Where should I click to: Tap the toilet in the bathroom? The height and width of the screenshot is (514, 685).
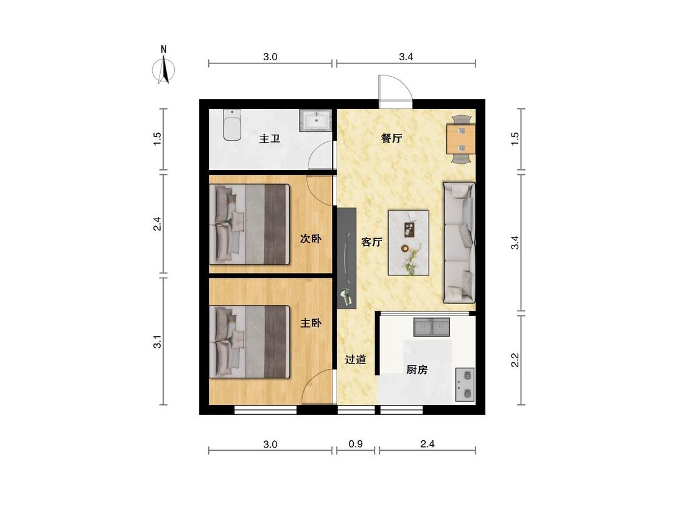click(x=232, y=125)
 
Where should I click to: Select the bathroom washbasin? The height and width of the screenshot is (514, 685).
click(x=316, y=121)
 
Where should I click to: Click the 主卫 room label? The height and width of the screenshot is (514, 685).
click(x=270, y=139)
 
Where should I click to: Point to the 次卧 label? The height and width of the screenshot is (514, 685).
click(x=311, y=239)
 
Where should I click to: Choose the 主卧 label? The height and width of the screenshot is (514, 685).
click(x=311, y=323)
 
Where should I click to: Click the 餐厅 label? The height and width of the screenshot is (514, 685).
click(x=392, y=139)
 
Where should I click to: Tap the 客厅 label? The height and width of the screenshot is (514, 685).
click(x=372, y=242)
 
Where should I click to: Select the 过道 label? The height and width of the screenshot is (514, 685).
click(x=356, y=360)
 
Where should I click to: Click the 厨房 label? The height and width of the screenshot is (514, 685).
click(x=416, y=370)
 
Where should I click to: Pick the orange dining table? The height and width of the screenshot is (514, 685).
click(x=460, y=139)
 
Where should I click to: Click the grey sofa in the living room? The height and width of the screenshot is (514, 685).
click(x=459, y=242)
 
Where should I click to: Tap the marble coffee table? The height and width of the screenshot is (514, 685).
click(x=409, y=243)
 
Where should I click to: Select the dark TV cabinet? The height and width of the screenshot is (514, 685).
click(x=347, y=258)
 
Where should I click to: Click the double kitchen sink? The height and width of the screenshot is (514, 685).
click(x=432, y=327)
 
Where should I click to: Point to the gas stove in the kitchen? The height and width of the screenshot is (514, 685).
click(x=465, y=385)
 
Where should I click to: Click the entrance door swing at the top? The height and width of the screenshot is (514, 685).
click(x=395, y=92)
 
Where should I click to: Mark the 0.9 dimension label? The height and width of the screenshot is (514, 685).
click(x=356, y=444)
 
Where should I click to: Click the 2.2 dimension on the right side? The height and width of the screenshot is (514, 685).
click(x=515, y=360)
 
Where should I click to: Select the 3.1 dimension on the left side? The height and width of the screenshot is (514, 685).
click(x=157, y=342)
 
